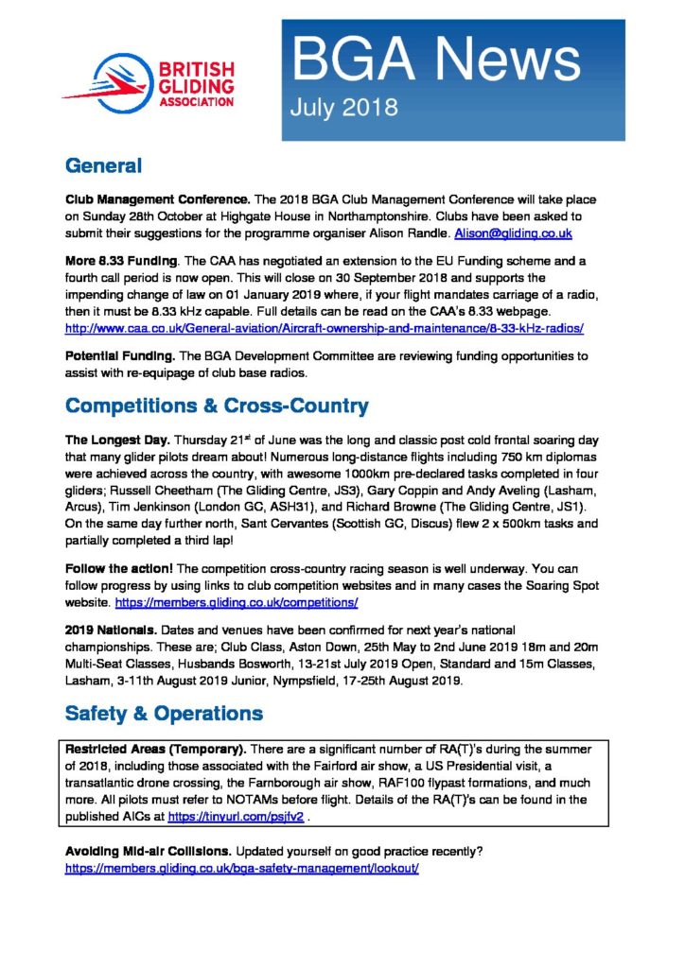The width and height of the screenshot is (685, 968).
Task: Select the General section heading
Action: [x=103, y=167]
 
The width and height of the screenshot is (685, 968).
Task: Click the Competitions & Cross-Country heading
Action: [x=217, y=406]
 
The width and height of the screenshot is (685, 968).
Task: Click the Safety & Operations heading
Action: [x=165, y=712]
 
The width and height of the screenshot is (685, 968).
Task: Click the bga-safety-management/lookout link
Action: [x=241, y=867]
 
